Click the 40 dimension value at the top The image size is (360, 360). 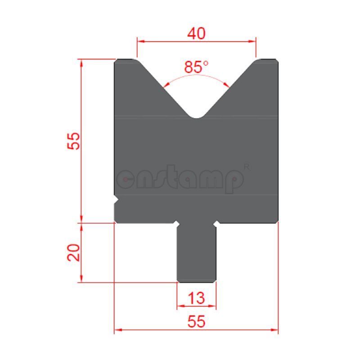(x=197, y=33)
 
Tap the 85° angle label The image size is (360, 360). (x=196, y=67)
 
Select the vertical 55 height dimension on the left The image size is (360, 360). (x=74, y=141)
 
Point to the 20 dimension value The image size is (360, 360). (x=74, y=252)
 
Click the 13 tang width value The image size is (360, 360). (x=197, y=297)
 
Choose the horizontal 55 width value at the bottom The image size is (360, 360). (x=197, y=321)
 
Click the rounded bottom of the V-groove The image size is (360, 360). (x=197, y=117)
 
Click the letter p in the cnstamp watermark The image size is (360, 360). (x=234, y=181)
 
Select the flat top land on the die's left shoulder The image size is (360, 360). (x=126, y=59)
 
